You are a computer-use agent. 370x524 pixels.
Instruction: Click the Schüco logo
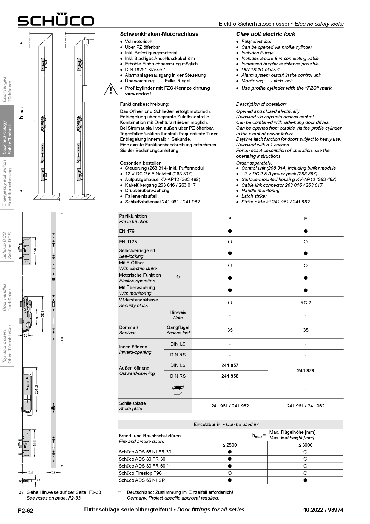click(55, 20)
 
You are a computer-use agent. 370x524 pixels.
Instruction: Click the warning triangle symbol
click(110, 90)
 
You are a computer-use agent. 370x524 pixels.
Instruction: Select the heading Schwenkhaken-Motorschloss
click(159, 34)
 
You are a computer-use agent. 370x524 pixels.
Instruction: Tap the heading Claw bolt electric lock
click(265, 34)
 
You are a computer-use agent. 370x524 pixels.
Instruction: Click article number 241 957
click(230, 365)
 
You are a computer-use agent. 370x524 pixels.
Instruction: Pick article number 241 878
click(306, 371)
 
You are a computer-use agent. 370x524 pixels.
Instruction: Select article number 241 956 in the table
click(230, 376)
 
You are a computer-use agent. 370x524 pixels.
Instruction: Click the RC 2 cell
click(306, 303)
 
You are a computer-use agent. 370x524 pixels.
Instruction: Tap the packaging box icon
click(178, 390)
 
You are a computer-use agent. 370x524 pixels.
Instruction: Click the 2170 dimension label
click(62, 340)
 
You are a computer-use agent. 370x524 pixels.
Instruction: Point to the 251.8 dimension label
click(36, 390)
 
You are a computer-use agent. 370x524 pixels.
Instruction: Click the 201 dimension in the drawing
click(43, 314)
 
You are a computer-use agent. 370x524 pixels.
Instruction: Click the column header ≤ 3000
click(305, 445)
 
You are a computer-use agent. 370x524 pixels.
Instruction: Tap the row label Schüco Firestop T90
click(140, 473)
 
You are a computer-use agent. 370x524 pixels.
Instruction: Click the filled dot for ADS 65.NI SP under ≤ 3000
click(305, 480)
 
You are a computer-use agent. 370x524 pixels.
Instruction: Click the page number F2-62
click(25, 511)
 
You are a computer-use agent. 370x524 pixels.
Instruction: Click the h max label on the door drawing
click(21, 113)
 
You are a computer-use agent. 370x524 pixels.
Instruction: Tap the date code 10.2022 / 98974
click(323, 510)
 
